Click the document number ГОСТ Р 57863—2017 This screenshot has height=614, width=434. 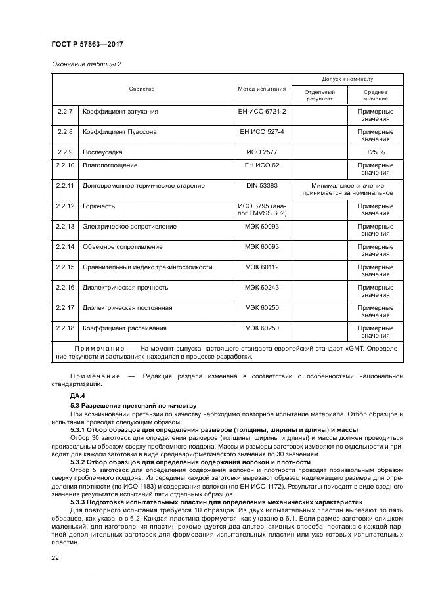tap(87, 43)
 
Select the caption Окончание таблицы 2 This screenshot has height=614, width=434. tap(86, 64)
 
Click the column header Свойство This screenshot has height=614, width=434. tap(141, 88)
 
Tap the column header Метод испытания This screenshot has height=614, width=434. tap(261, 88)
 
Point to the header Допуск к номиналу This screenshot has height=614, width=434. tap(347, 79)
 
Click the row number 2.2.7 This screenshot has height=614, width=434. tap(65, 112)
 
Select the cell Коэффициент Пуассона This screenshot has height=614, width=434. tap(119, 131)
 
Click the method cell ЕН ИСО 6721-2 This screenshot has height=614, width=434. tap(261, 112)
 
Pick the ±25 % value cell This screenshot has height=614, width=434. tap(376, 152)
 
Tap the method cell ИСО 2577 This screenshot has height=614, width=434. tap(261, 152)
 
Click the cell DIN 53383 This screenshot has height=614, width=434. tap(261, 186)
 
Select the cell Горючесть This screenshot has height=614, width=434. tap(98, 206)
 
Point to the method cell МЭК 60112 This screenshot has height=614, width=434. tap(261, 267)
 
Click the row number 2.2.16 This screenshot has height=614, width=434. tap(65, 287)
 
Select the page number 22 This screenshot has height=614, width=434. tap(55, 558)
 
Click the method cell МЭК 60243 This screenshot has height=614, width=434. tap(261, 287)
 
